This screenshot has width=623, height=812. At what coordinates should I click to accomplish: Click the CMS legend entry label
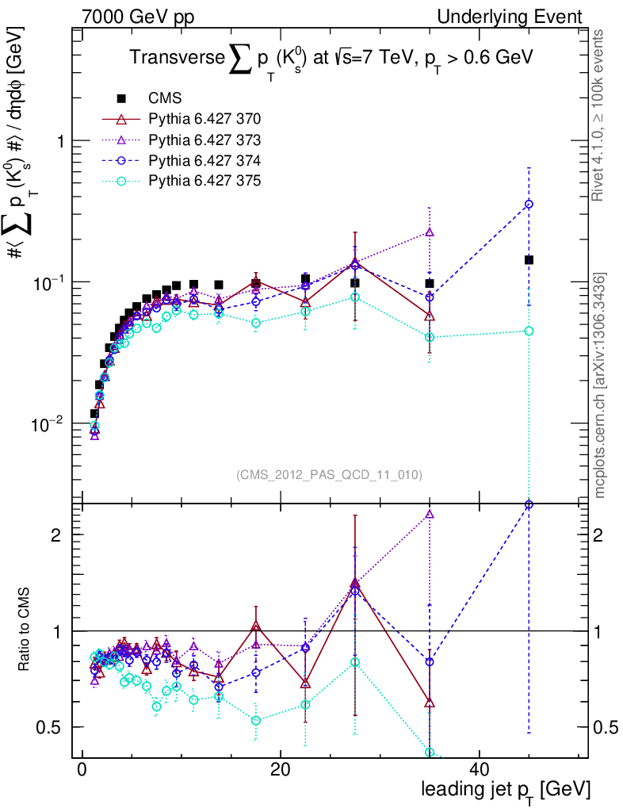[x=165, y=98]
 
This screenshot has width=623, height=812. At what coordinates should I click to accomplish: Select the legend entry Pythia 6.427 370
[x=204, y=119]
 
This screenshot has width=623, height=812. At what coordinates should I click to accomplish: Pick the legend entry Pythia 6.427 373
[x=204, y=140]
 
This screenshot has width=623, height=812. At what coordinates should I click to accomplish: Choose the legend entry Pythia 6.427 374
[x=204, y=160]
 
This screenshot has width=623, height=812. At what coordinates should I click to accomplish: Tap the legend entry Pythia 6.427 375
[x=204, y=181]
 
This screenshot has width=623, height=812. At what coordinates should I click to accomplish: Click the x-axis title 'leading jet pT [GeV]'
[x=506, y=790]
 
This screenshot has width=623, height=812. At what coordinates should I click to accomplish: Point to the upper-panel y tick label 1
[x=58, y=141]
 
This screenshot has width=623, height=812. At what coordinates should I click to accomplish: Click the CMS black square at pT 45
[x=529, y=260]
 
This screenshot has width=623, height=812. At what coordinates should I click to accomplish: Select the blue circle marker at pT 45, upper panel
[x=529, y=205]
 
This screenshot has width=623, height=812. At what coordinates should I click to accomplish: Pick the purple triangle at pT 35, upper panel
[x=430, y=232]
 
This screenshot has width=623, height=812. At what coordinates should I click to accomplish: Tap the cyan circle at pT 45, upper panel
[x=529, y=331]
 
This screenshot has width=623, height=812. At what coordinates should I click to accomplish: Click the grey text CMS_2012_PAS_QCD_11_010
[x=329, y=475]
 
